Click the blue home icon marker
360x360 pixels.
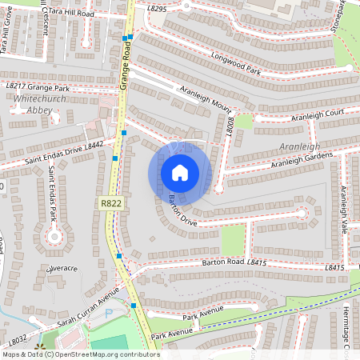coord(180,173)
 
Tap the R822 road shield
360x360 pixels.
coord(111,204)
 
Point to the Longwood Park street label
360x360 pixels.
coord(236,65)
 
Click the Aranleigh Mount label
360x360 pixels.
coord(206,98)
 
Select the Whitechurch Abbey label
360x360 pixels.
coord(34,105)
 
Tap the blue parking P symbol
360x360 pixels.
coord(110,314)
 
